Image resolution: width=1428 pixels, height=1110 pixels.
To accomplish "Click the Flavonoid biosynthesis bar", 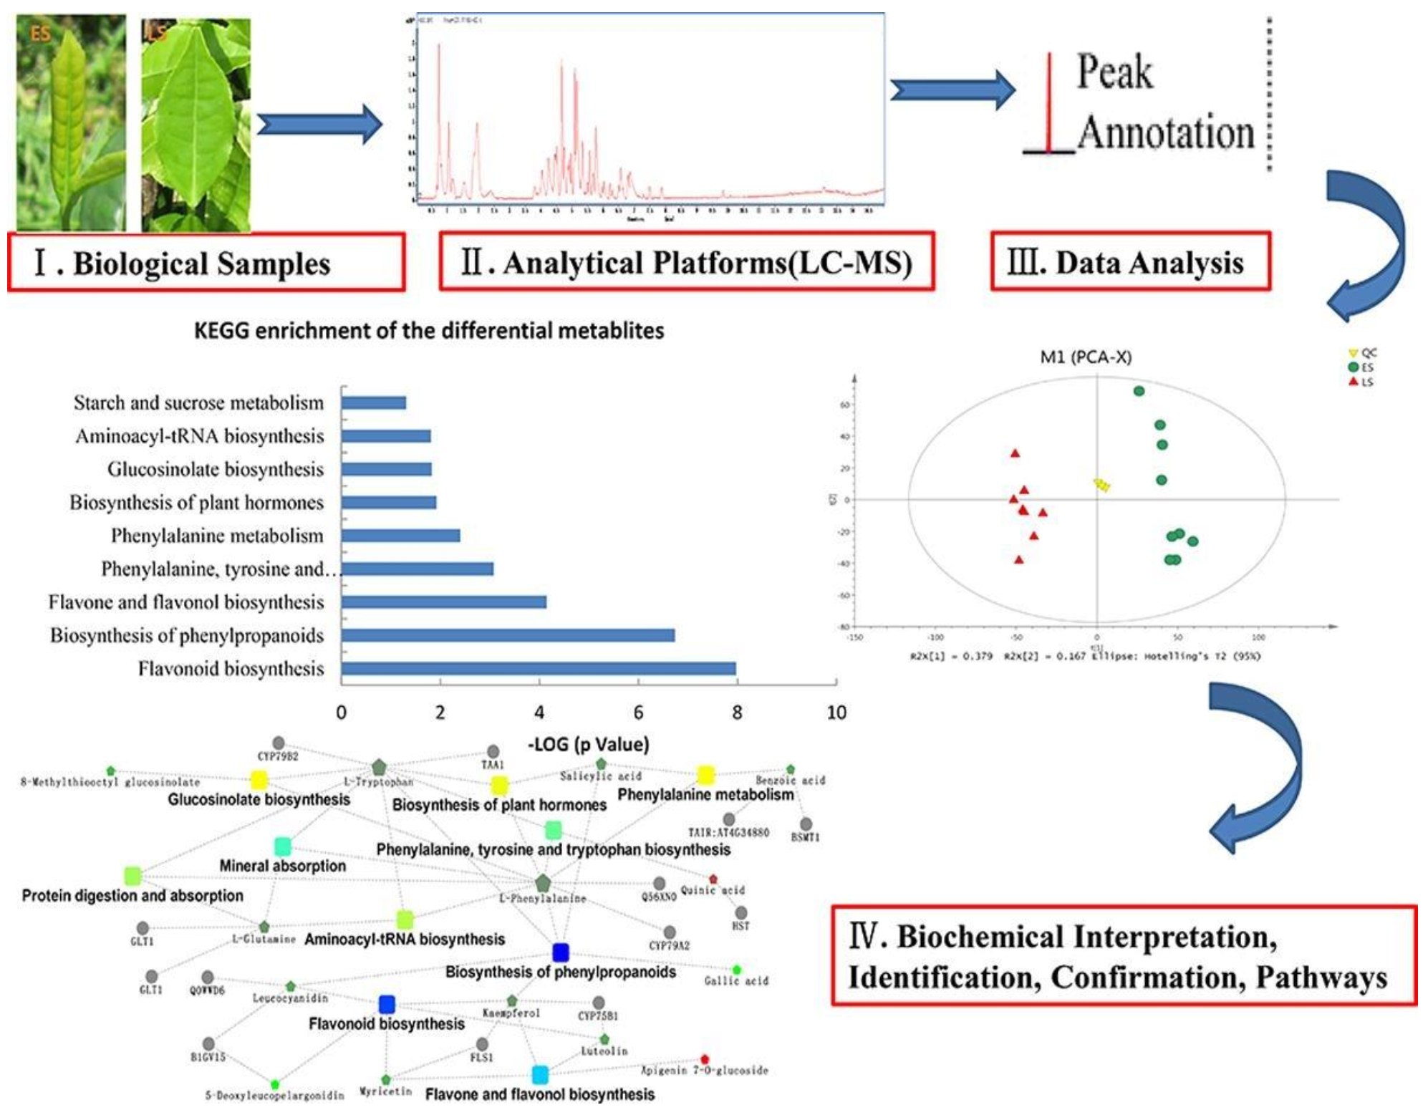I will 538,669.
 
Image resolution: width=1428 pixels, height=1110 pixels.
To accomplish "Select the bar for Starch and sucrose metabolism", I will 373,402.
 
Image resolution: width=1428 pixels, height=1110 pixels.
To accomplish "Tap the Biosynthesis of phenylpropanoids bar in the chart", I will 507,635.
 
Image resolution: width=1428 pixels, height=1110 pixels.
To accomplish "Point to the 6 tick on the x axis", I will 638,713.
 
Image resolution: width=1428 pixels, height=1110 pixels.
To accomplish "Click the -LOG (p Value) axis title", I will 588,744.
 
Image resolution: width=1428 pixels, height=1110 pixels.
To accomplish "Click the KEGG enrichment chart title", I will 429,331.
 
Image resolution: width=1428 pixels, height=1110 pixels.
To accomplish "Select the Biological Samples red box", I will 206,262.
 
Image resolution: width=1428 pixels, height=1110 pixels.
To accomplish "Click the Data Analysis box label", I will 1130,262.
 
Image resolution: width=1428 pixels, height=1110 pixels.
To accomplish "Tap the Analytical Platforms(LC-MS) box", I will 686,262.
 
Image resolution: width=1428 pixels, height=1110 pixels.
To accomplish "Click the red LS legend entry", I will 1360,382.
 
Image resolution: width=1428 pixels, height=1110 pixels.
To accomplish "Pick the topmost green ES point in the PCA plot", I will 1139,391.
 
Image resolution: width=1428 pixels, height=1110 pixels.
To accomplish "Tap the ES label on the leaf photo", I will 41,33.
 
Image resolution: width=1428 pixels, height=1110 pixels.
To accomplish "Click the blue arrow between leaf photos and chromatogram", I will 319,125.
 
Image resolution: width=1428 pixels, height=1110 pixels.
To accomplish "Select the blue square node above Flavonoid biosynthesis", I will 387,1004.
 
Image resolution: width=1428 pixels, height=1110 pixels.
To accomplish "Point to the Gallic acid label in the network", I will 736,980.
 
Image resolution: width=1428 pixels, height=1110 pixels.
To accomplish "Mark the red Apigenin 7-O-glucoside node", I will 705,1058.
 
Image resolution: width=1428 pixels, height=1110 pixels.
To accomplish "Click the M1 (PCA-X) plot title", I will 1086,357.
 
